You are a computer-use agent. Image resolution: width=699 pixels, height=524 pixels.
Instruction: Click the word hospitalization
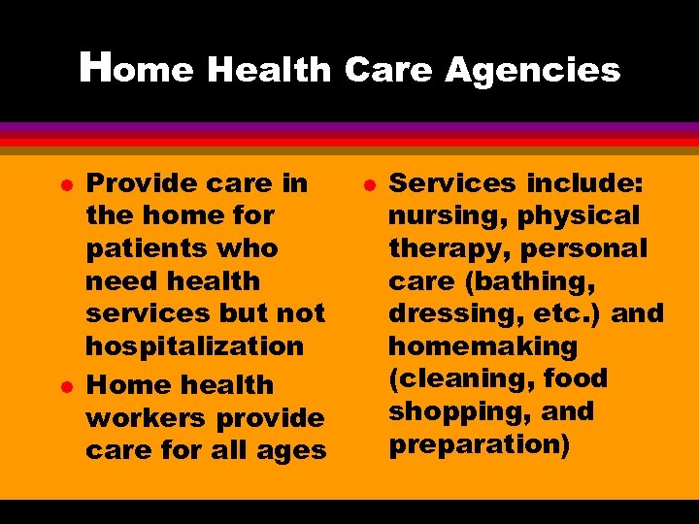tap(194, 346)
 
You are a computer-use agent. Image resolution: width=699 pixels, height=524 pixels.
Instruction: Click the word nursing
tap(448, 216)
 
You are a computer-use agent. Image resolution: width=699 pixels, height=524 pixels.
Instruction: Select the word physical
tap(580, 215)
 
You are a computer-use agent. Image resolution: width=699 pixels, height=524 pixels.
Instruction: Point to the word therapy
tap(449, 248)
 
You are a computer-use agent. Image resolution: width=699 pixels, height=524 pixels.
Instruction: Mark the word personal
tap(583, 248)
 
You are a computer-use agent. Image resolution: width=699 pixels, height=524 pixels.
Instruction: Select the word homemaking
tap(483, 346)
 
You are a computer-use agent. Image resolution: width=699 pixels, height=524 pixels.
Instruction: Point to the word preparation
tap(476, 444)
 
